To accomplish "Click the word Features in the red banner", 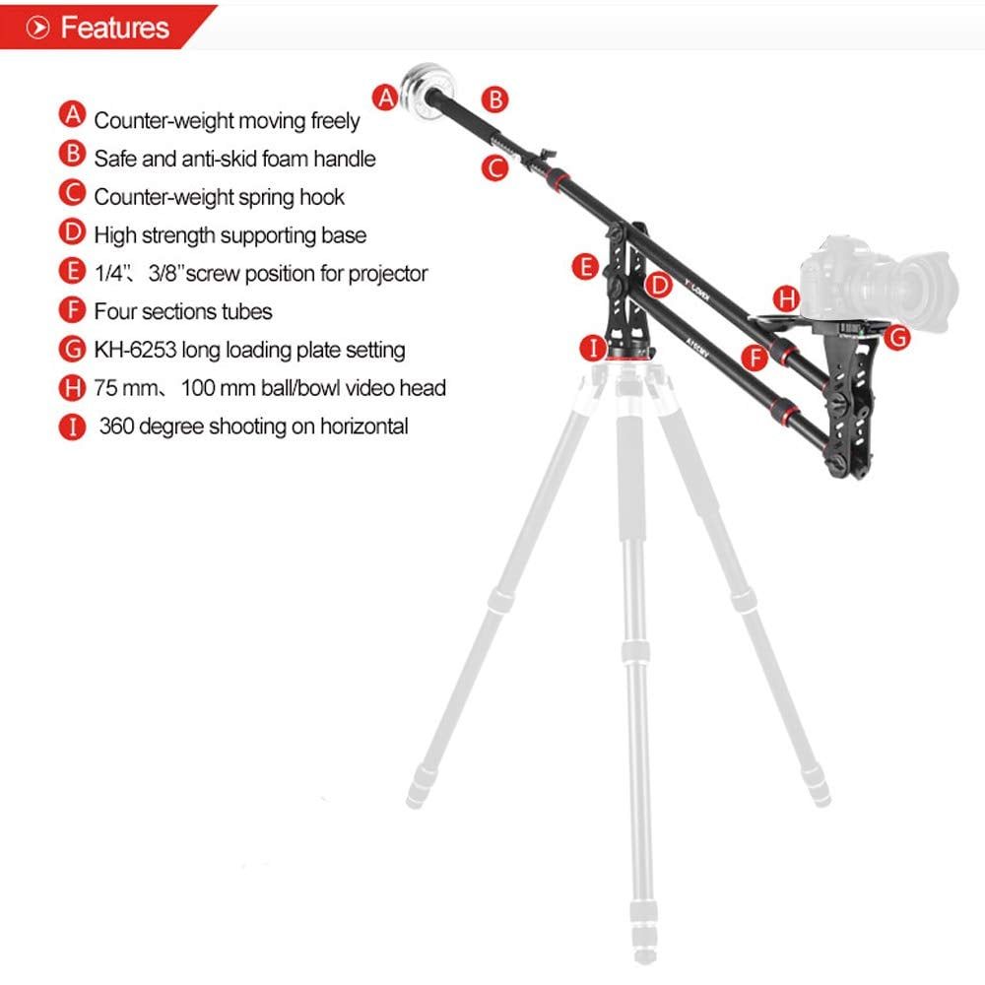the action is [115, 28].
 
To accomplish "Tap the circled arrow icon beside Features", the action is [37, 28].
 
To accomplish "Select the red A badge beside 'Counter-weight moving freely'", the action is [73, 115].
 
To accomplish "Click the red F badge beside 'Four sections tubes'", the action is [73, 309].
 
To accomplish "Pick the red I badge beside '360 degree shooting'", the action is [73, 427].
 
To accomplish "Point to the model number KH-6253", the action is [135, 350].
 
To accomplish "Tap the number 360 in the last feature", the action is [116, 426].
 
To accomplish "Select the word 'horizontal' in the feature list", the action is [364, 426].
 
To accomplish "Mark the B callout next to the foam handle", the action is [495, 99].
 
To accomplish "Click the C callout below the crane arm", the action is [495, 168].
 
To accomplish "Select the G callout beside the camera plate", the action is [897, 337].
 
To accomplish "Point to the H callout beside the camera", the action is [786, 298].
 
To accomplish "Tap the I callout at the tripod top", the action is [593, 348].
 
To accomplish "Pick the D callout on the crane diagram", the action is [659, 286].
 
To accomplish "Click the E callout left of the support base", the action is [585, 267].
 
